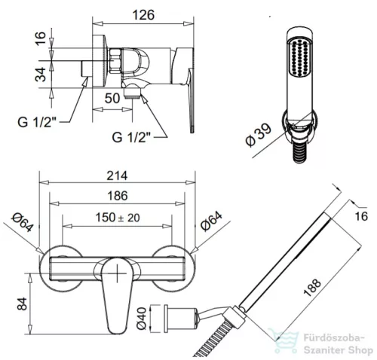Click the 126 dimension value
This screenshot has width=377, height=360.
(x=143, y=15)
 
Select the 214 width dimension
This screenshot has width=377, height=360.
(x=117, y=175)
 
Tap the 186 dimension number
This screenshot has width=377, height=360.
(x=118, y=196)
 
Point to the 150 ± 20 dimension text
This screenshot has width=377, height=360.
(x=118, y=218)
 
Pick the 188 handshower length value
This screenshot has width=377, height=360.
(x=312, y=287)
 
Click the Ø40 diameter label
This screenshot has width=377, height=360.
(x=141, y=318)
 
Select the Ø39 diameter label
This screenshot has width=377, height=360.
(x=259, y=135)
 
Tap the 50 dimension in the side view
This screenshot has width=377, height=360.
(x=112, y=98)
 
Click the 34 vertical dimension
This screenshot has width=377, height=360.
(x=41, y=75)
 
